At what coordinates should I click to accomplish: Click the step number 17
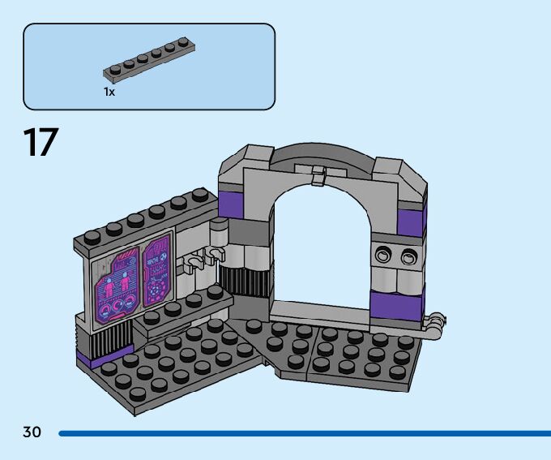41,142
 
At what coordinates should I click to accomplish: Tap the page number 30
32,432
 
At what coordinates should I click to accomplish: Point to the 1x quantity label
109,92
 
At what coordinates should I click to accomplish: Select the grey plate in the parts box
148,63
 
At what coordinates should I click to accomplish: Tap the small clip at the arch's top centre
319,174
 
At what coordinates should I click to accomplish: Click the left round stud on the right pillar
382,256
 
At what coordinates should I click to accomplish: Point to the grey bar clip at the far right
435,323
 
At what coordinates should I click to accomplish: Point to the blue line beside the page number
304,434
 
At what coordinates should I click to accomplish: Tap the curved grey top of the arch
322,154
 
